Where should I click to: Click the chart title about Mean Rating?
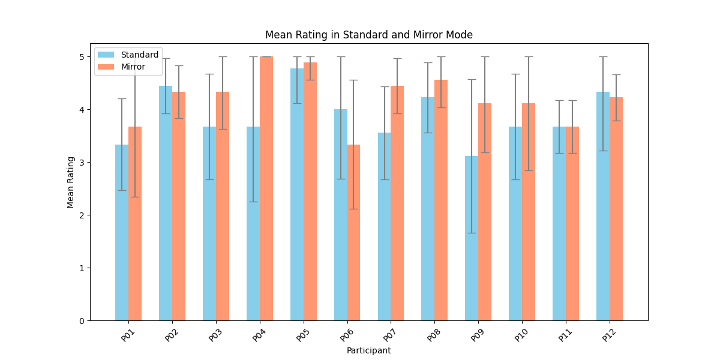coord(368,35)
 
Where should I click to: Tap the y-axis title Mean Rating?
coord(71,182)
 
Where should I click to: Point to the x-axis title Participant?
coord(368,350)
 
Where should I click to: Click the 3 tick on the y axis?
coord(82,162)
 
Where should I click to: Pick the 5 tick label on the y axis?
coord(82,57)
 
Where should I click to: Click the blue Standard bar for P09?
coord(472,240)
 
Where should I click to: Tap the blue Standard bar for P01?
coord(122,234)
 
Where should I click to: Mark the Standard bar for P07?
coord(384,228)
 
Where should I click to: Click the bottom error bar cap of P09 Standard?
coord(472,233)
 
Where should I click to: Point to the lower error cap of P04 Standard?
coord(253,202)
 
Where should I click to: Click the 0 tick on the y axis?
coord(82,320)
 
